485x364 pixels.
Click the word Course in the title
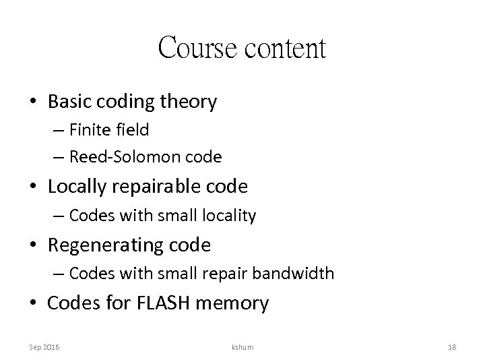tap(198, 49)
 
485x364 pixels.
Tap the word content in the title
tap(284, 49)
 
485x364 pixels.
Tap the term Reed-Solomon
tap(119, 157)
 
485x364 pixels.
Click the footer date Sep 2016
tap(44, 346)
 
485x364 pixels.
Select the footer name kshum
tap(242, 346)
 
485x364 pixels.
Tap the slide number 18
tap(451, 346)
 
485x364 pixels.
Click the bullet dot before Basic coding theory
tap(34, 102)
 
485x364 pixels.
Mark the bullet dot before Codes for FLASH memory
tap(34, 304)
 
